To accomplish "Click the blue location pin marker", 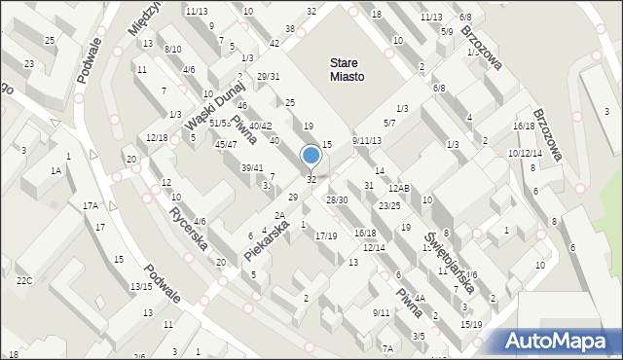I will click(x=311, y=157).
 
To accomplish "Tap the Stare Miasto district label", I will click(x=347, y=70).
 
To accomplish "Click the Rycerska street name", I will click(x=189, y=227).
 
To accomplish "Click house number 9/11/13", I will click(x=367, y=141).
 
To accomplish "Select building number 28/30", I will click(x=337, y=199).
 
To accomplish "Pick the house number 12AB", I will click(x=399, y=188).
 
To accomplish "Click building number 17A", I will click(x=91, y=205).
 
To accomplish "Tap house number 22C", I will click(x=24, y=281).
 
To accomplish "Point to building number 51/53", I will click(x=220, y=123).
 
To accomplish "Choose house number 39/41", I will click(x=252, y=168).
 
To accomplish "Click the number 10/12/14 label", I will click(x=525, y=153).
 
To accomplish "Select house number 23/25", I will click(x=389, y=205).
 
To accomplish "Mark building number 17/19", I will click(x=326, y=235).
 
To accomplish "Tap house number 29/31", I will click(x=269, y=77).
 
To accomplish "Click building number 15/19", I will click(x=471, y=324).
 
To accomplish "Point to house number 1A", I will click(x=56, y=171).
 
